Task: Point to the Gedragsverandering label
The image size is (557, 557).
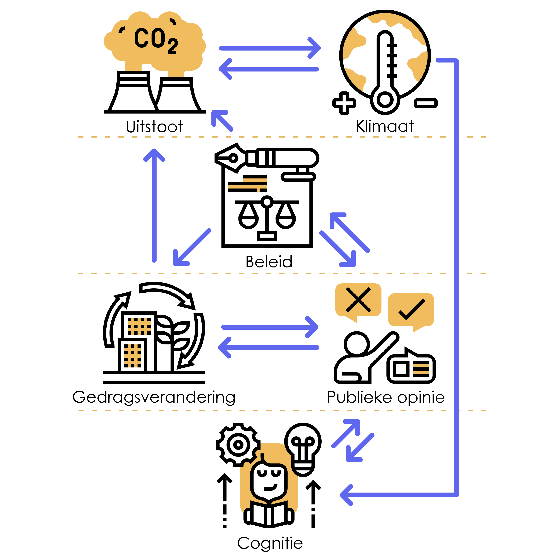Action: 154,397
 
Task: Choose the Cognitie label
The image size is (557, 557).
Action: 270,543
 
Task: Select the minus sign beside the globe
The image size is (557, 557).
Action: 426,103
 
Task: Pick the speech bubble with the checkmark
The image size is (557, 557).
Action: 411,310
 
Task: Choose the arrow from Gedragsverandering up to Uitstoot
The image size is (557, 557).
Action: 154,205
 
